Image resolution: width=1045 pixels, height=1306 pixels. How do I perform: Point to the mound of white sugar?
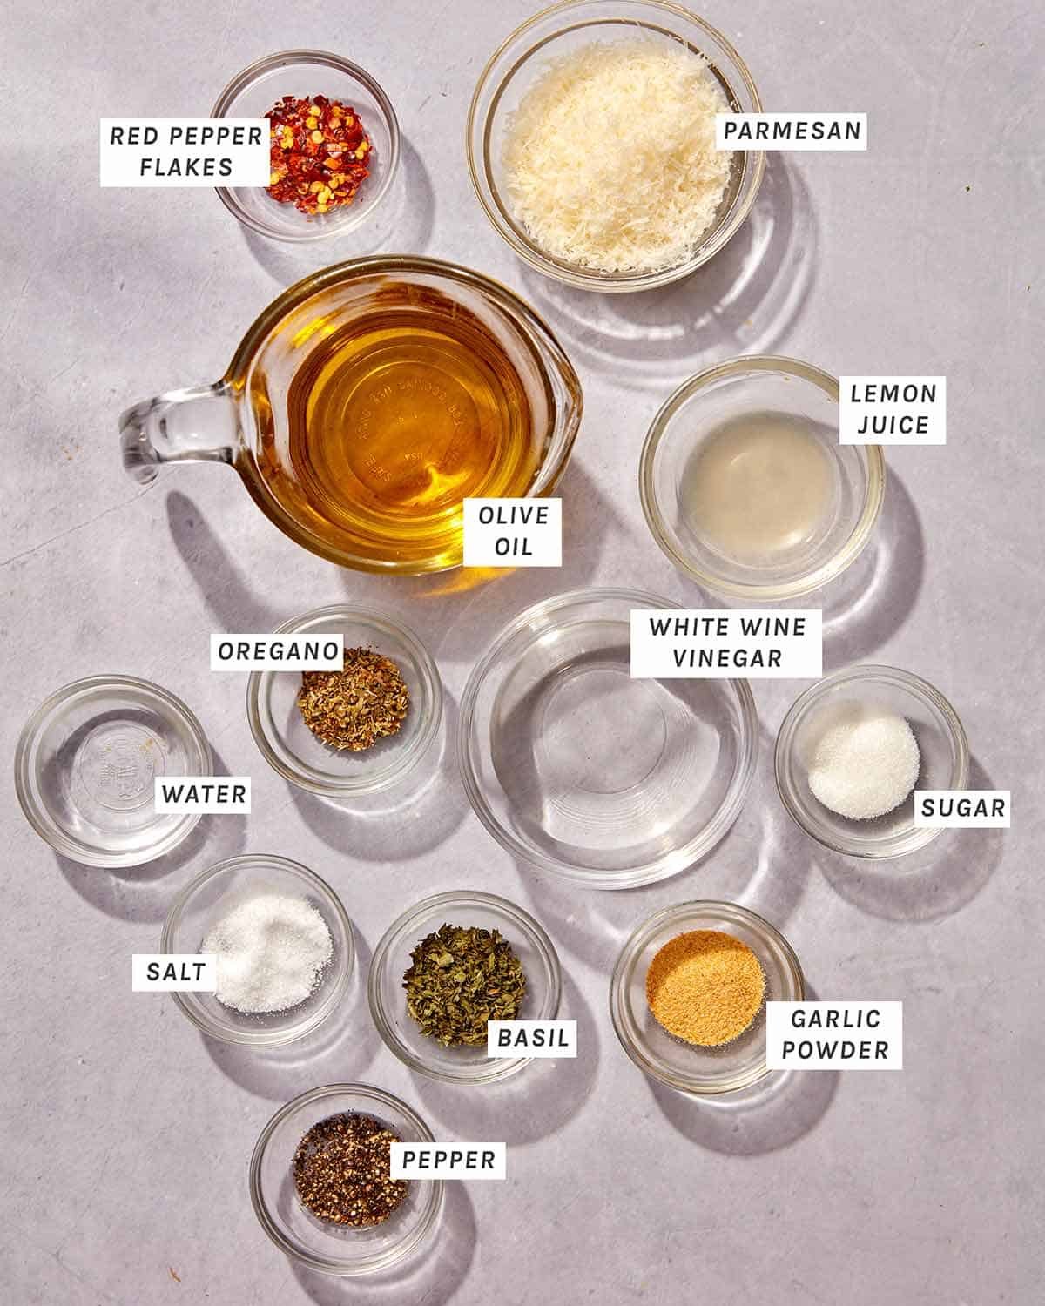(x=862, y=766)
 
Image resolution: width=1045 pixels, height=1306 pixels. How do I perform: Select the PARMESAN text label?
(x=792, y=131)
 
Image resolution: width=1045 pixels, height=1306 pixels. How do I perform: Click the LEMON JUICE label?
(x=893, y=408)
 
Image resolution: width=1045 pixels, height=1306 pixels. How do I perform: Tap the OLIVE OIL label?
(x=512, y=530)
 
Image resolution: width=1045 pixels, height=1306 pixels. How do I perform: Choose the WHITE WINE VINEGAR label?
(x=727, y=643)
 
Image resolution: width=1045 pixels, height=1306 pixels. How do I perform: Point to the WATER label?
(x=204, y=794)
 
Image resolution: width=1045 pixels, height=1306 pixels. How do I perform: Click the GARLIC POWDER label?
(x=834, y=1033)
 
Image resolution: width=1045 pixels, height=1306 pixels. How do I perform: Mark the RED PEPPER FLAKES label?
(x=185, y=151)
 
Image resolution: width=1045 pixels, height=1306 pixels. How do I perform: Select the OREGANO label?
(x=277, y=651)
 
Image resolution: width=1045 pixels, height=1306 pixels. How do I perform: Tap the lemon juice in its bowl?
(x=758, y=470)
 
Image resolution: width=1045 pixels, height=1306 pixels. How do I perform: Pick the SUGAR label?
(x=962, y=808)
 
